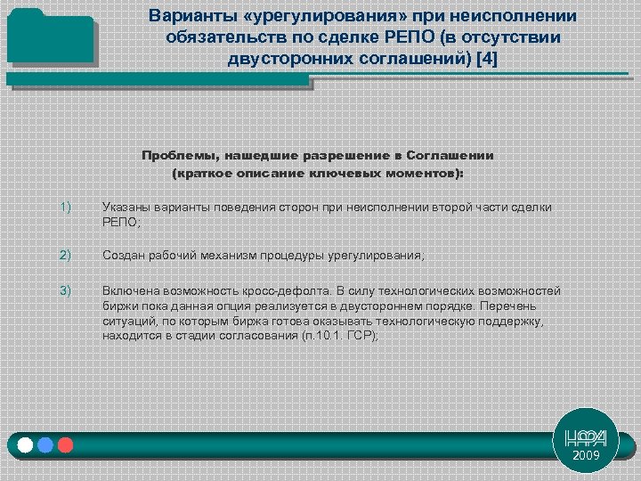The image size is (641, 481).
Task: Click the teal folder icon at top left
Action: [52, 45]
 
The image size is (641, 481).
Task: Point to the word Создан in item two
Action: [123, 256]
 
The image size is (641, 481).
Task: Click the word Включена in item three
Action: [130, 291]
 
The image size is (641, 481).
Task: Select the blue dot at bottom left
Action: [45, 444]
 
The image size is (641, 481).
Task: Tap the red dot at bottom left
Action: [64, 444]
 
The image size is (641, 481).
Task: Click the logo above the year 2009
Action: [587, 436]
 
